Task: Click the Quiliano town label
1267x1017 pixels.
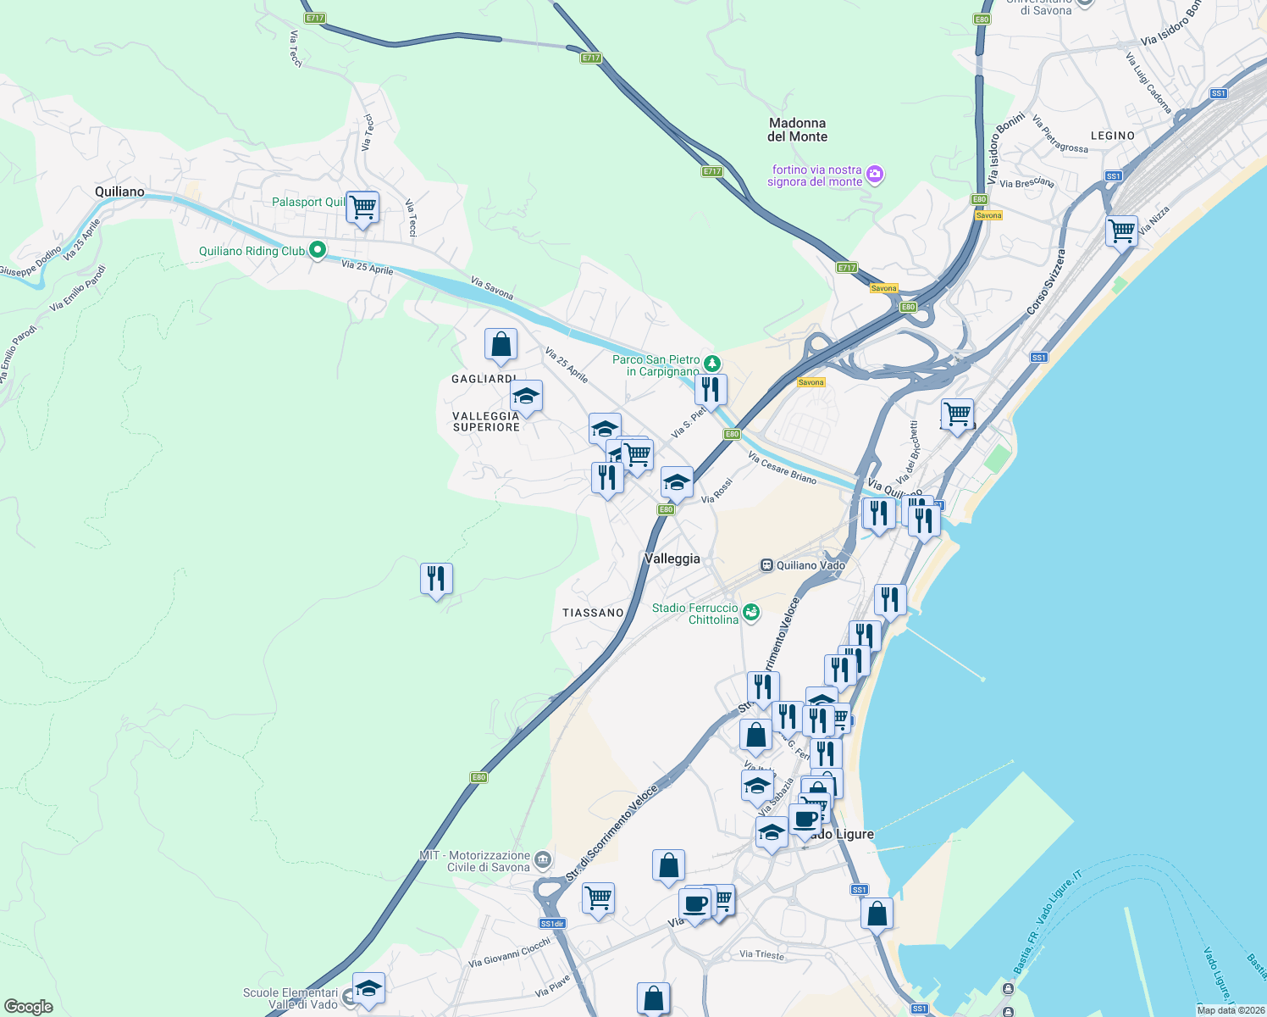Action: [x=119, y=192]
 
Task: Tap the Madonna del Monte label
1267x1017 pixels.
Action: [x=797, y=130]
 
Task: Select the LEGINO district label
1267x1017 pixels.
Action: [x=1112, y=136]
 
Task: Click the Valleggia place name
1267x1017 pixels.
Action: [x=672, y=559]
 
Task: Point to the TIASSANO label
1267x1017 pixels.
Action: [x=593, y=613]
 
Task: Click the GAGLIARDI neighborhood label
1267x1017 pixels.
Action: [x=484, y=379]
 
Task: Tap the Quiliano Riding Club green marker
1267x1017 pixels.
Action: [x=317, y=250]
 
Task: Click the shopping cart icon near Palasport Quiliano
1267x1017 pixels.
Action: [x=362, y=207]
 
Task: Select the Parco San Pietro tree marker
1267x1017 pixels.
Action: [x=713, y=364]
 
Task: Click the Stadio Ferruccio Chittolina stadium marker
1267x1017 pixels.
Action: [x=750, y=612]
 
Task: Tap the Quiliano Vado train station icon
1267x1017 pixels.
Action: [x=766, y=565]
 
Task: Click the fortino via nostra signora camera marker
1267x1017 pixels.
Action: [x=875, y=175]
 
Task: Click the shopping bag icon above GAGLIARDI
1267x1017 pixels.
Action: [x=501, y=345]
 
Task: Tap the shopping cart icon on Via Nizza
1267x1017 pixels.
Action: [x=1121, y=231]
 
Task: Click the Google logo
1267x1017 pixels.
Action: [x=29, y=1007]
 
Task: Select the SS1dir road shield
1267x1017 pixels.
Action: [x=552, y=924]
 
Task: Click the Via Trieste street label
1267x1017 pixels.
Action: [x=761, y=954]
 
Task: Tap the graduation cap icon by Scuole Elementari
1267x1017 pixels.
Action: [x=368, y=989]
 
